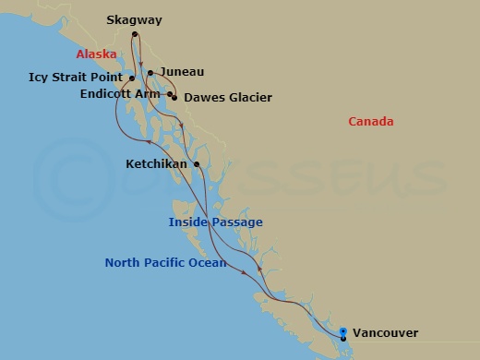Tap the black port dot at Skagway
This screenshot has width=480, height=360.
(135, 35)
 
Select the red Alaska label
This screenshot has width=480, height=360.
(96, 54)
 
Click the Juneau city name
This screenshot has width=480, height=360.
(181, 71)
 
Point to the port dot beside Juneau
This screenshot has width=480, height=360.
(150, 72)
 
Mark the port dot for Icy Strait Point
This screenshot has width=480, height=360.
(132, 78)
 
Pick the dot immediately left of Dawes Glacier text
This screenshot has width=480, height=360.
(174, 97)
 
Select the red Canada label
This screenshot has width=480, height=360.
(371, 122)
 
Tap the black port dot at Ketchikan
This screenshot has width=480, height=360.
(198, 164)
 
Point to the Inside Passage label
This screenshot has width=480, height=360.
(215, 222)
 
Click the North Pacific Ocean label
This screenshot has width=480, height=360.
(165, 263)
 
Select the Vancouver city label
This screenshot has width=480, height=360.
(385, 333)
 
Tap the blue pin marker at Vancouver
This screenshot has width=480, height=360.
(342, 331)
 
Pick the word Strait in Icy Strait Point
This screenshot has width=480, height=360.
(78, 78)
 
